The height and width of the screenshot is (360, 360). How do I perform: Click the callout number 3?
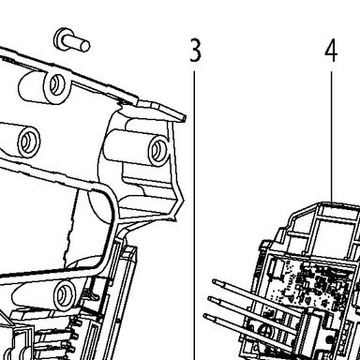(195, 50)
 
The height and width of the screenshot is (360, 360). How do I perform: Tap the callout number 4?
(331, 52)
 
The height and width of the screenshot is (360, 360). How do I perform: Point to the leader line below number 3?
(194, 216)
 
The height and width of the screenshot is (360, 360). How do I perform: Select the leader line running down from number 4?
(332, 137)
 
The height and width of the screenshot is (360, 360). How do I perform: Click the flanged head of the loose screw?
(60, 38)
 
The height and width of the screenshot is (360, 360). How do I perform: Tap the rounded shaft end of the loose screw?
(85, 46)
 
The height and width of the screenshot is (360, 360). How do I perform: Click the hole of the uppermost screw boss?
(56, 84)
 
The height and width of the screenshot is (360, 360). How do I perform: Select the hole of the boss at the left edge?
(28, 142)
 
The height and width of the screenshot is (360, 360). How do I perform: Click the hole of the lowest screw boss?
(65, 293)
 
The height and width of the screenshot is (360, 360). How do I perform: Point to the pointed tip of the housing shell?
(185, 118)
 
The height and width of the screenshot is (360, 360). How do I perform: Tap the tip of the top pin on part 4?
(215, 282)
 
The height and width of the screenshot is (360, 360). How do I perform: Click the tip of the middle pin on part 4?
(211, 299)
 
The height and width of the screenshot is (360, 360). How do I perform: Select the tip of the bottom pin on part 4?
(206, 317)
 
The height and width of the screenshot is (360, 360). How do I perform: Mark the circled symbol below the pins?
(266, 331)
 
